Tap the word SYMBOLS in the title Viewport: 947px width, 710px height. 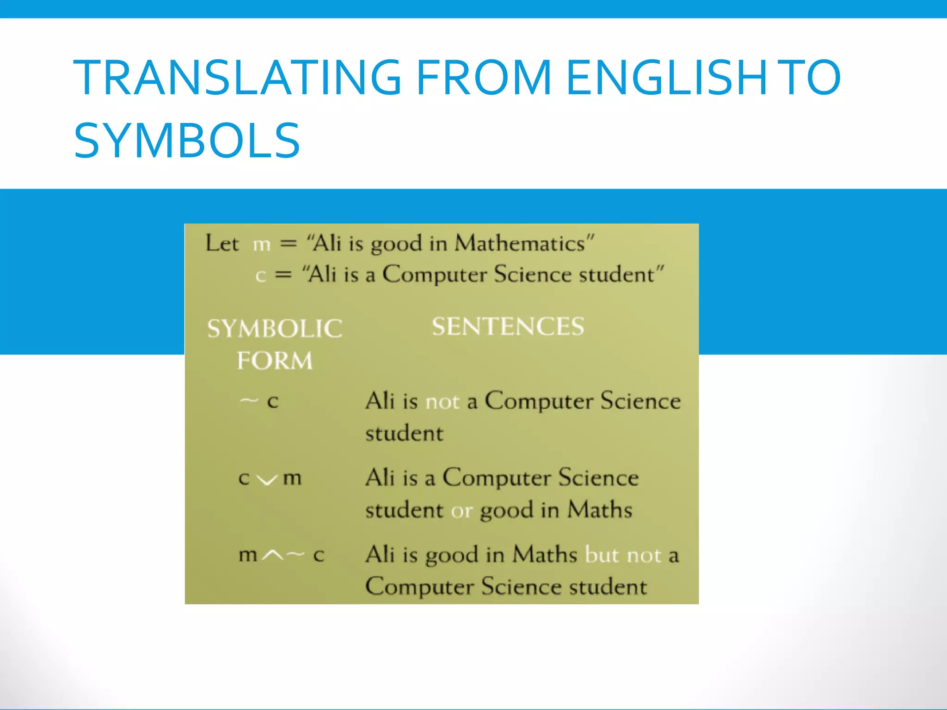click(187, 140)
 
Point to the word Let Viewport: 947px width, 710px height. click(222, 244)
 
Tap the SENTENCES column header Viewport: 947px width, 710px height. click(508, 326)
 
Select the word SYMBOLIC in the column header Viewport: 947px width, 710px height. click(275, 329)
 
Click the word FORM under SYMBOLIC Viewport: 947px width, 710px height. click(275, 361)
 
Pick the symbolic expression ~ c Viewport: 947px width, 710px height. click(259, 400)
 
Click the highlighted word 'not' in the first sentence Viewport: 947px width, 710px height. click(442, 402)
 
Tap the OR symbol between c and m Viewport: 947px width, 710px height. click(267, 480)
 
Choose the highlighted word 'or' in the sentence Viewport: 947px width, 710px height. click(461, 511)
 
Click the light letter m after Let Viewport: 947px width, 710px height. click(262, 245)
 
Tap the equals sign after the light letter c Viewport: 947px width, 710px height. click(283, 275)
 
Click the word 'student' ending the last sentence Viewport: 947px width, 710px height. click(608, 587)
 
